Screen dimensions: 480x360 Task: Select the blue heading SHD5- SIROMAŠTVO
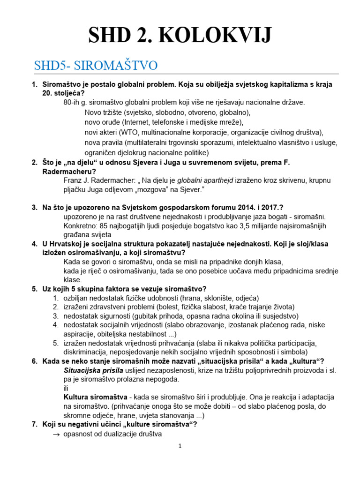tap(96, 66)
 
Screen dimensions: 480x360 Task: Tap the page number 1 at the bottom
tap(180, 446)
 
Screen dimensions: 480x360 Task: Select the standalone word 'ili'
tap(66, 388)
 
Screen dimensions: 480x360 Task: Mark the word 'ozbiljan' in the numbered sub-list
tap(78, 298)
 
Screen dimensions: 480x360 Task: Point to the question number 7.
tap(34, 425)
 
